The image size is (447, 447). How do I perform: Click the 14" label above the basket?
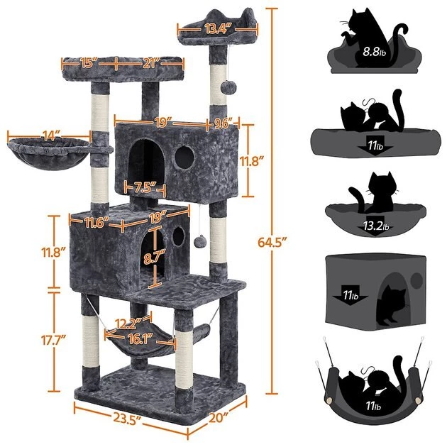click(50, 133)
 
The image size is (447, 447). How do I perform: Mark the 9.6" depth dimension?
click(223, 123)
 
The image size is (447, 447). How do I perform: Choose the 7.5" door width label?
click(142, 187)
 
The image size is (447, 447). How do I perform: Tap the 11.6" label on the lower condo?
click(95, 223)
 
